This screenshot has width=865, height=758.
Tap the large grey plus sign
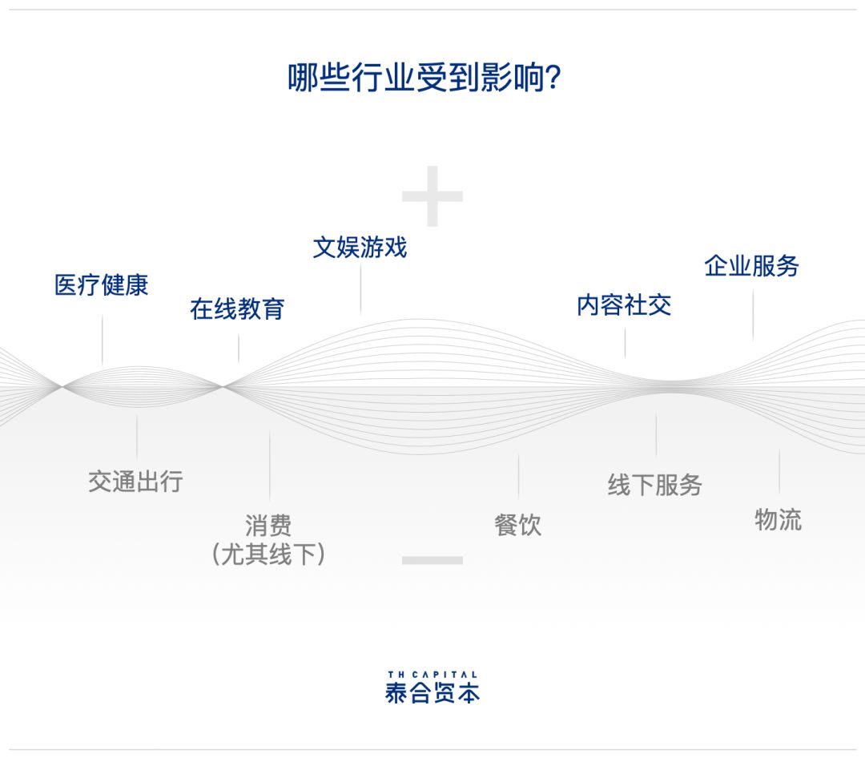click(x=432, y=196)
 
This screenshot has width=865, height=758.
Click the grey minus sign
click(x=432, y=560)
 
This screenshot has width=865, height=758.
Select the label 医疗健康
click(x=102, y=285)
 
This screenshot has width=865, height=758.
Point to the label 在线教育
click(x=237, y=308)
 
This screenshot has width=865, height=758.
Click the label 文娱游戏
click(x=360, y=247)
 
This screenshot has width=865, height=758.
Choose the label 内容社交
click(x=624, y=304)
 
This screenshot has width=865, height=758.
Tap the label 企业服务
click(x=751, y=265)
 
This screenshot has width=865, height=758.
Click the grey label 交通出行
click(x=135, y=482)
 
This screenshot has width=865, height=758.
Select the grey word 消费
click(x=268, y=525)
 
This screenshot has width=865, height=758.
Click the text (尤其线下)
click(x=268, y=554)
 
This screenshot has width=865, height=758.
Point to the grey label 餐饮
click(x=518, y=525)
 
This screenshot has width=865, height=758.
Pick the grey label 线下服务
click(x=655, y=486)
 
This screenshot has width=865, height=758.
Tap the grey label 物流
click(x=778, y=519)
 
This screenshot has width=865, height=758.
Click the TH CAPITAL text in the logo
click(x=432, y=674)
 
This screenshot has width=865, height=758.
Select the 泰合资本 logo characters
click(x=432, y=692)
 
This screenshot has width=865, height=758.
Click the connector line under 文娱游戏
click(x=360, y=288)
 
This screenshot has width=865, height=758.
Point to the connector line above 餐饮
click(x=518, y=477)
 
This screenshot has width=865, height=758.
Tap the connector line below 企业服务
click(x=753, y=315)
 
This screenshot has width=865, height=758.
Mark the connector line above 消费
click(x=270, y=466)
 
